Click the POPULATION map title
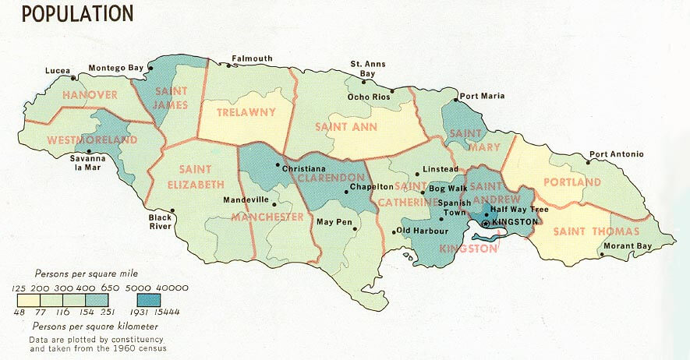pos(76,13)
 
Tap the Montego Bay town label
pos(116,68)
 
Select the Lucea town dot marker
pos(74,78)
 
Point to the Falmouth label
pos(251,58)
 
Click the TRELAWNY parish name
pos(246,112)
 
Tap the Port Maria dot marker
pos(455,100)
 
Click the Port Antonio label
pos(616,154)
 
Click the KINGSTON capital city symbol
pos(486,223)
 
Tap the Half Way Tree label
pos(518,210)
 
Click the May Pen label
pos(334,222)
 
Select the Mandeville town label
pos(245,199)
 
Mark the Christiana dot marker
pos(278,166)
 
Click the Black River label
pos(160,222)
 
